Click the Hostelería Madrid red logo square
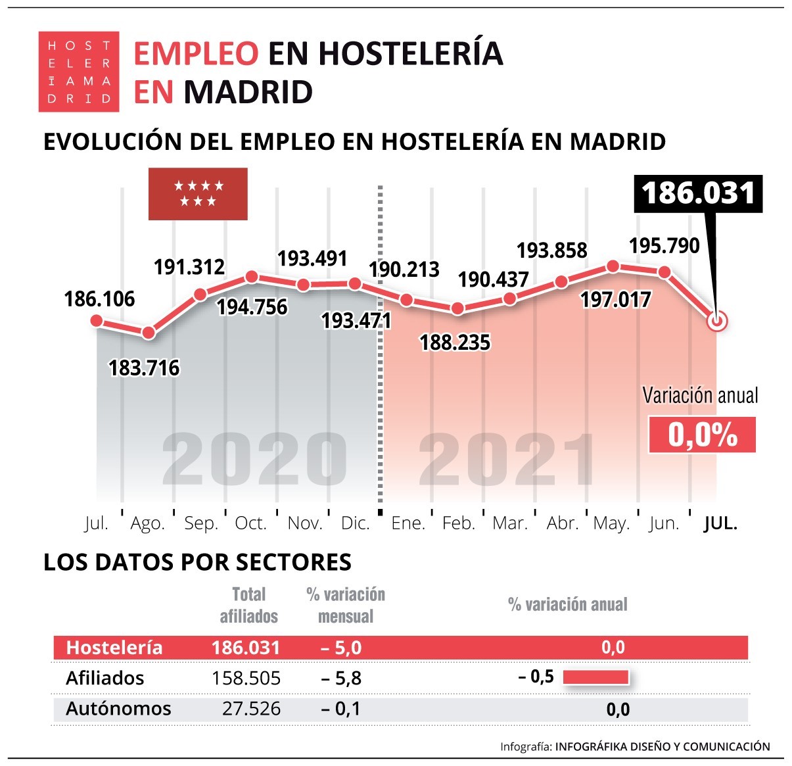tap(79, 72)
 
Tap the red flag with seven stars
tap(198, 194)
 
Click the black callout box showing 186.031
tap(698, 194)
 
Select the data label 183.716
tap(144, 368)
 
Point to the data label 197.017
tap(615, 300)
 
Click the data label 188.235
tap(455, 343)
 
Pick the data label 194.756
tap(252, 307)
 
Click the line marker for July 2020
tap(97, 321)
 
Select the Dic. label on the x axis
tap(355, 523)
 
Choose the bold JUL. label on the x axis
tap(720, 523)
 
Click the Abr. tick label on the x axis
tap(562, 523)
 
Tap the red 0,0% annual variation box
tap(702, 435)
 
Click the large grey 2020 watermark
tap(254, 460)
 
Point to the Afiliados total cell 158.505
tap(246, 678)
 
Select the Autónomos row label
tap(118, 709)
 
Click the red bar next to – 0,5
tap(595, 677)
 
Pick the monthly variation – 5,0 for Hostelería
tap(341, 648)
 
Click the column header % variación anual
tap(568, 604)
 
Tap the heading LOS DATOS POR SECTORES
tap(197, 562)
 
